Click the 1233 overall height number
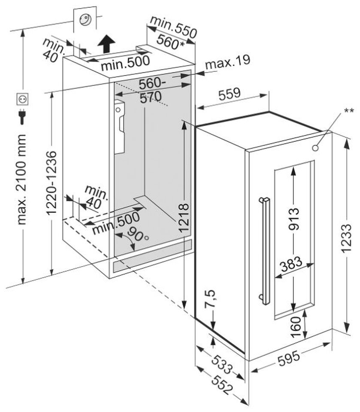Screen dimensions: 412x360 coord(351,233)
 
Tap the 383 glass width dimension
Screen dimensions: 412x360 coord(291,267)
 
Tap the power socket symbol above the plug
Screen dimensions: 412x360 coord(21,100)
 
